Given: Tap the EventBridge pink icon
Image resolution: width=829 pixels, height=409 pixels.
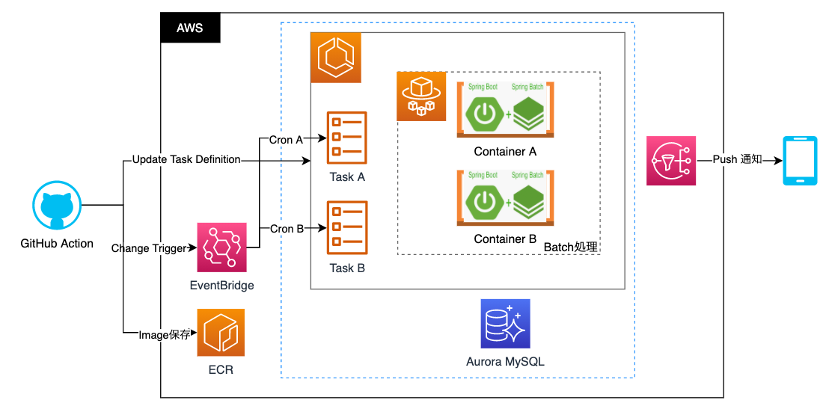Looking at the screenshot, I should (x=221, y=247).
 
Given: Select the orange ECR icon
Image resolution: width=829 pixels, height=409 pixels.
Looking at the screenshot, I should (x=221, y=333).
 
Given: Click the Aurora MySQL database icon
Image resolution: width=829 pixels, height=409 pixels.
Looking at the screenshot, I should (x=505, y=324).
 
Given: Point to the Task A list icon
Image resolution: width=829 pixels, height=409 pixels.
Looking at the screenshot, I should (x=347, y=138).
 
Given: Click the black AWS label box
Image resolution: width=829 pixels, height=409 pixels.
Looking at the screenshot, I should (x=192, y=28).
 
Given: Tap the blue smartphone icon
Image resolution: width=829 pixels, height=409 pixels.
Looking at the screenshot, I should (x=798, y=160).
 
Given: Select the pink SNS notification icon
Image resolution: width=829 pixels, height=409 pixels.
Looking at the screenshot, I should (x=671, y=160).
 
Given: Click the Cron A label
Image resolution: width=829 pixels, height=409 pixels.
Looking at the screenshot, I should (x=286, y=139).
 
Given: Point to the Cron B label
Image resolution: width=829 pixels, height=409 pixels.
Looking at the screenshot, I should (x=286, y=229).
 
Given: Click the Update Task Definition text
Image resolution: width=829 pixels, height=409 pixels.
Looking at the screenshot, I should (x=186, y=159).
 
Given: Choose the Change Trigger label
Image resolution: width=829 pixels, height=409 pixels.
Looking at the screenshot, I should (x=149, y=248).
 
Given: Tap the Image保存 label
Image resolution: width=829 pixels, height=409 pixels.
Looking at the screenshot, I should (x=165, y=335).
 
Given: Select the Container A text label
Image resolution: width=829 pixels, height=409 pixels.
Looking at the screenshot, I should (x=505, y=152).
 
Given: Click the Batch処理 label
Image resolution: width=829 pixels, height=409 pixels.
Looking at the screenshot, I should (x=571, y=247).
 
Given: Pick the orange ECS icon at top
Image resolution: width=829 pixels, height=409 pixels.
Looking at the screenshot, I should (x=335, y=58).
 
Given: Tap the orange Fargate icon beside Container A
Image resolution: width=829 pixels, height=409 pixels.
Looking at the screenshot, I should (x=421, y=96).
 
